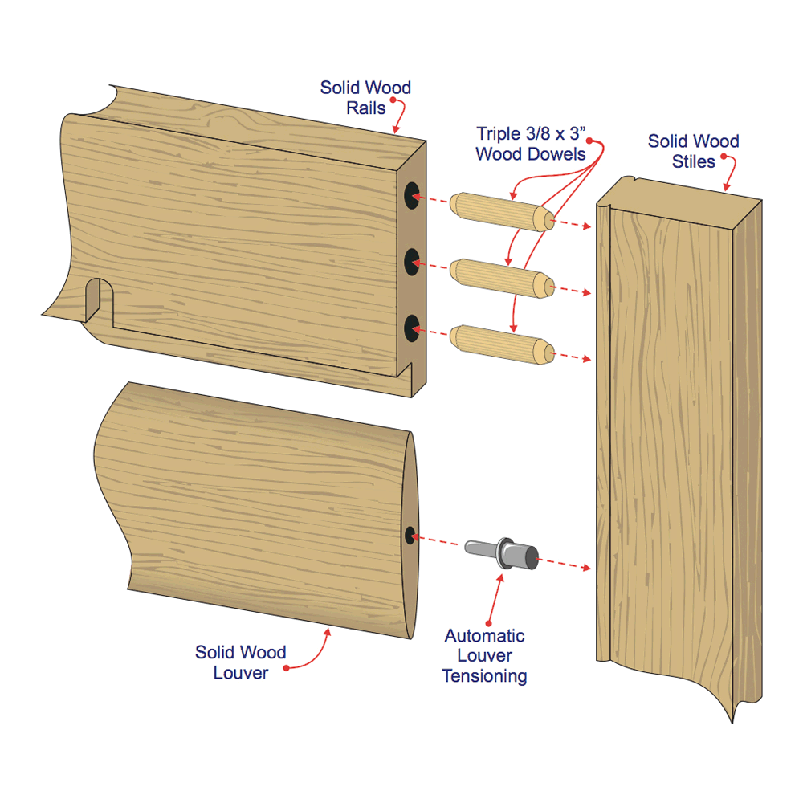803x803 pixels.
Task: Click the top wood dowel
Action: click(503, 212)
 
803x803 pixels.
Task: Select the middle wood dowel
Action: click(503, 279)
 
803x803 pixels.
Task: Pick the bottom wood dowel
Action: click(503, 344)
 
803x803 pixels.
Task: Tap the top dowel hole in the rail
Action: click(412, 195)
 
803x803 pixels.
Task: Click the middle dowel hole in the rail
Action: click(412, 262)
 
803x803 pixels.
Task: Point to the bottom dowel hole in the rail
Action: click(412, 328)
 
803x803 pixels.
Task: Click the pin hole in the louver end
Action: click(410, 535)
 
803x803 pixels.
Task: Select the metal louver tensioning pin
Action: click(502, 553)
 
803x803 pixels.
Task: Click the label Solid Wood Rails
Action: click(365, 98)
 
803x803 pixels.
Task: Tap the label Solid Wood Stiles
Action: click(694, 151)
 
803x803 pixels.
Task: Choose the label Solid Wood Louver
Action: click(240, 662)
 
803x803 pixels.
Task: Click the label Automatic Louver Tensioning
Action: click(484, 655)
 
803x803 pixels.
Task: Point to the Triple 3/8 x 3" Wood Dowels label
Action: click(531, 144)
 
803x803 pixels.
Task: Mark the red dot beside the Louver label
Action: click(287, 668)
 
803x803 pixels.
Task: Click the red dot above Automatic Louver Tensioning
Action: click(488, 623)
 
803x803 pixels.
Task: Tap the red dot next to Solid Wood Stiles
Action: click(724, 157)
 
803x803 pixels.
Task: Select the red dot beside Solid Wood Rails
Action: click(393, 100)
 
